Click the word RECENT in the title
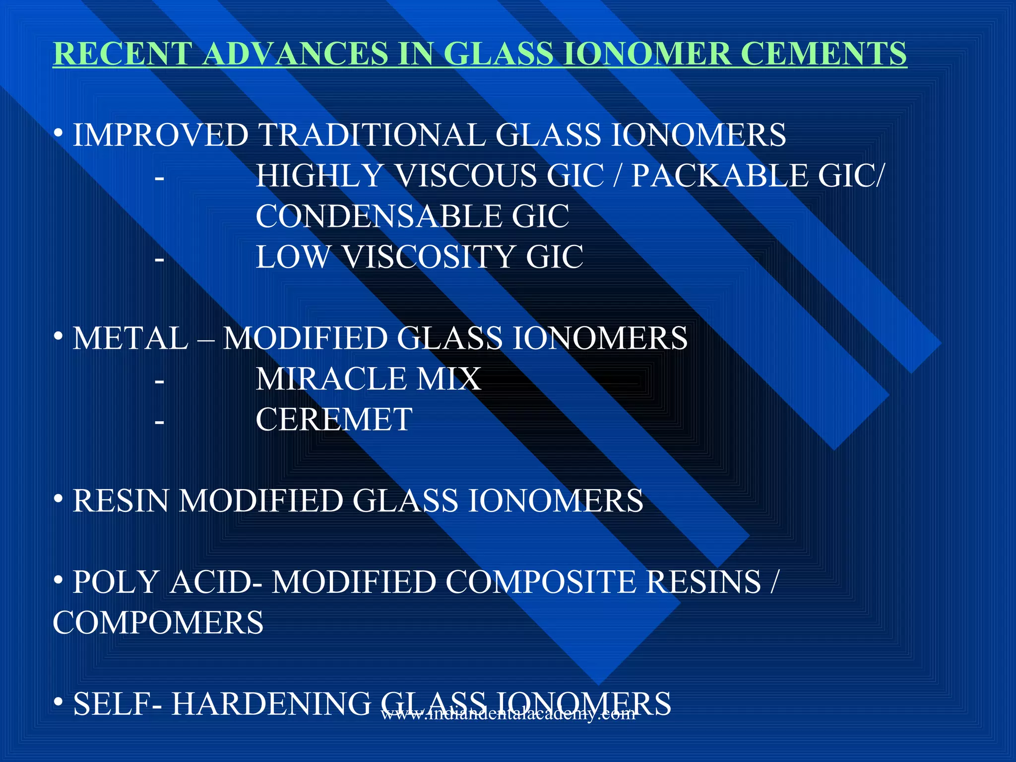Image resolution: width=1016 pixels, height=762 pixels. (123, 54)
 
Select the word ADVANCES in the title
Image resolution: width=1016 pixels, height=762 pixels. (295, 54)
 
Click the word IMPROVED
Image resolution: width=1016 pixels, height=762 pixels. (161, 135)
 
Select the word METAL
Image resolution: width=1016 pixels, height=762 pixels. (130, 338)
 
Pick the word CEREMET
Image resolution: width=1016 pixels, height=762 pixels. (334, 420)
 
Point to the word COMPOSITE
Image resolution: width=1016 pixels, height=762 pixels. (540, 582)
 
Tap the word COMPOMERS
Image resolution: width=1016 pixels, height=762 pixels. (158, 623)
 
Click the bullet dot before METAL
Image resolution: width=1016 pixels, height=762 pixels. (59, 337)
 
